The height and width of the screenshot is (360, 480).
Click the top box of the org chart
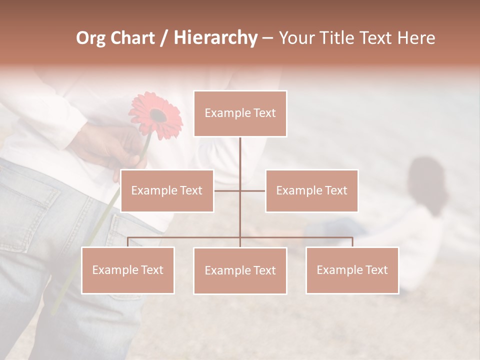point(240,113)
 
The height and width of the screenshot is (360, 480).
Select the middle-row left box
point(167,190)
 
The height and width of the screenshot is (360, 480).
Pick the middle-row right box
point(311,190)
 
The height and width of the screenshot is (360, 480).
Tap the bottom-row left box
point(128,270)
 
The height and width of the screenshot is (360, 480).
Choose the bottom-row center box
point(240,270)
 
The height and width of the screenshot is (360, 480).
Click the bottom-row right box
point(352,270)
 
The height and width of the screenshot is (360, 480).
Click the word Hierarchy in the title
point(215,38)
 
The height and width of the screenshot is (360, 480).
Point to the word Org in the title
point(90,38)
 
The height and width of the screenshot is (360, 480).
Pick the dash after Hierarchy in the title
point(267,38)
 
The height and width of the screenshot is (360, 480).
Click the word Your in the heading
point(296,38)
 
